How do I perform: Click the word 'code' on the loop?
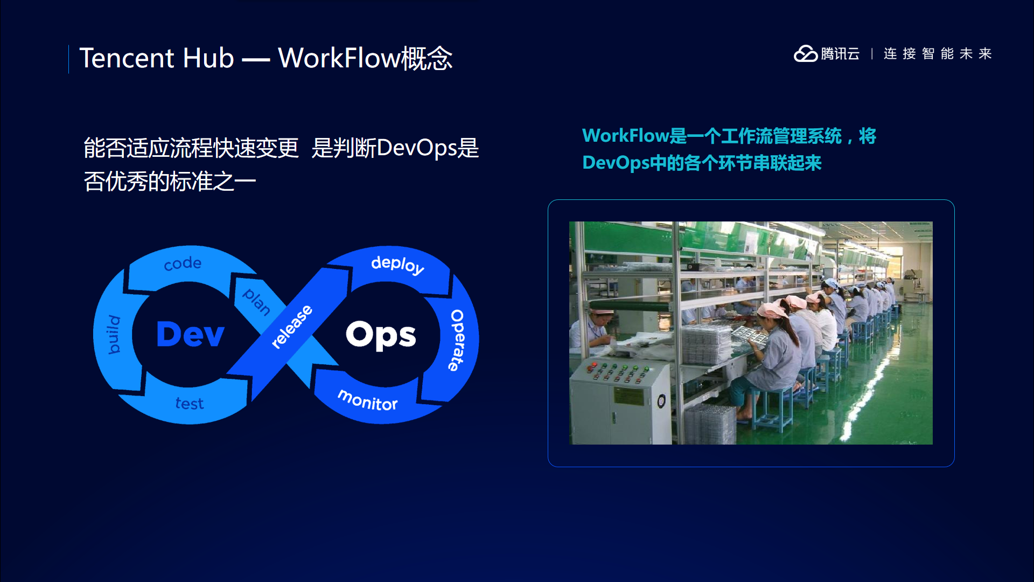pos(183,264)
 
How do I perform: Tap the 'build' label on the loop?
pos(114,335)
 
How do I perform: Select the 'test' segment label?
pos(190,404)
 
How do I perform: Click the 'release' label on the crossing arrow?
pos(292,327)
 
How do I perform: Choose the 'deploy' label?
pos(398,265)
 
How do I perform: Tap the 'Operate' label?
pos(457,340)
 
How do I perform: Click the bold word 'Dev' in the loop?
pos(190,334)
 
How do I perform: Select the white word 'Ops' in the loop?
pos(381,335)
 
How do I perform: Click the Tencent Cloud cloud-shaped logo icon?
pos(806,54)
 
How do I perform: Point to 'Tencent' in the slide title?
pos(127,58)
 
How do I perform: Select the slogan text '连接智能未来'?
pos(938,54)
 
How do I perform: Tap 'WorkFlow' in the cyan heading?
pos(626,136)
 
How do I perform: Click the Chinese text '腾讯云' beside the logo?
pos(840,54)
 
